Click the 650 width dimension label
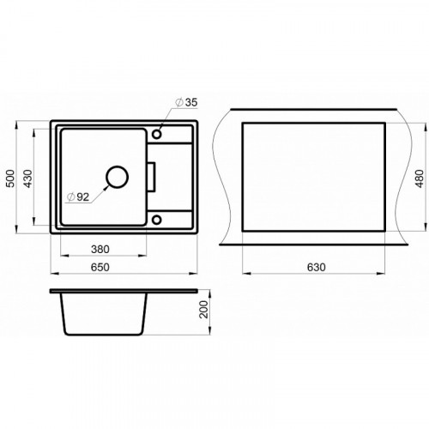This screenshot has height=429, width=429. click(100, 267)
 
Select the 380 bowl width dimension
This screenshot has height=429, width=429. click(100, 250)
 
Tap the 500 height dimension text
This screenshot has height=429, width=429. click(10, 178)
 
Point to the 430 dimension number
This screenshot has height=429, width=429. click(27, 178)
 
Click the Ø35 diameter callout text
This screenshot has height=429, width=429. click(186, 102)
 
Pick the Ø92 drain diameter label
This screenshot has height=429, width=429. click(78, 196)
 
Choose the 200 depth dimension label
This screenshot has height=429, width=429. click(204, 309)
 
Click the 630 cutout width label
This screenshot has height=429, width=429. click(317, 267)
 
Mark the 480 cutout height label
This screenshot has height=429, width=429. click(420, 178)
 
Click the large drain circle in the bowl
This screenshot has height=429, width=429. click(117, 166)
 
